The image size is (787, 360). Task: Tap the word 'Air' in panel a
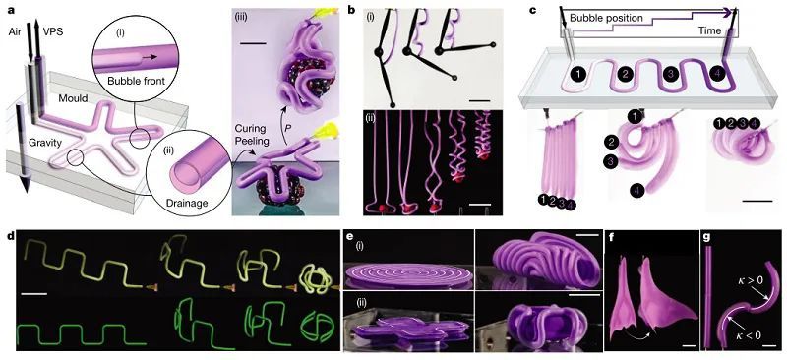(x=15, y=30)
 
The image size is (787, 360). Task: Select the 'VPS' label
(x=47, y=30)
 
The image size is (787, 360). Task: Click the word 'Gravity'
(x=45, y=143)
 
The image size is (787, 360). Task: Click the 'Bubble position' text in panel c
(x=606, y=18)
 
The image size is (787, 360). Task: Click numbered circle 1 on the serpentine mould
(x=580, y=75)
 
